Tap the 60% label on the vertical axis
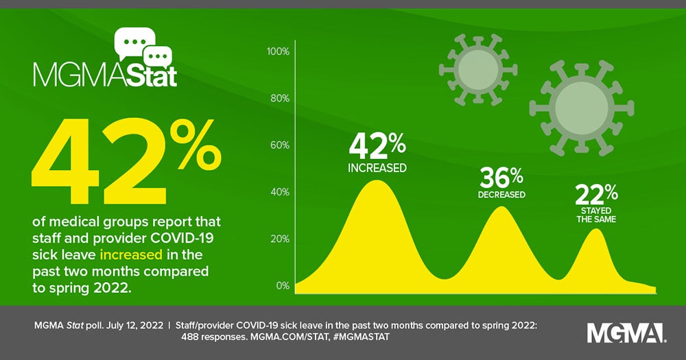280,145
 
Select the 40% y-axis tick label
280,192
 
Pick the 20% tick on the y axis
280,239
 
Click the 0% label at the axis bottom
283,285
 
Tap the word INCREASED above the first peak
377,167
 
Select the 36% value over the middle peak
501,178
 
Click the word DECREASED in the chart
501,195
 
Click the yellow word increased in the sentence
131,255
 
